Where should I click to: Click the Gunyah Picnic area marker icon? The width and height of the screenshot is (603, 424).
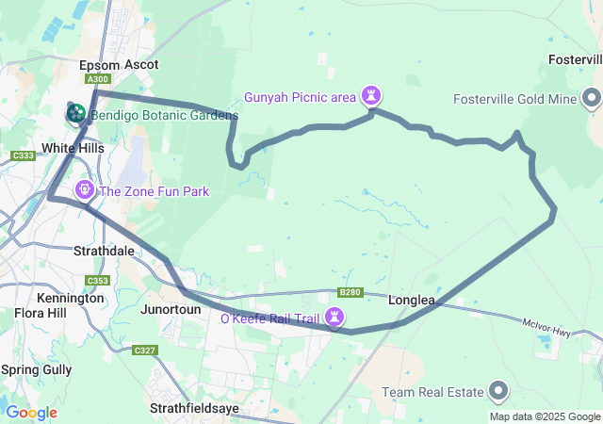click(x=374, y=95)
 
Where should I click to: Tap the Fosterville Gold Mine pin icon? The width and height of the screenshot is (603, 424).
click(x=592, y=98)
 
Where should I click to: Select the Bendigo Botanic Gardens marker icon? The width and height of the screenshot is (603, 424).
click(x=76, y=114)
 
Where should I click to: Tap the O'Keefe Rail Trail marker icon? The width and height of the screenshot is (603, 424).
click(x=334, y=318)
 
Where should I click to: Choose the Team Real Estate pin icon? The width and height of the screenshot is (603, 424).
click(x=498, y=391)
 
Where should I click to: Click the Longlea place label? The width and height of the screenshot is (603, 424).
click(x=412, y=301)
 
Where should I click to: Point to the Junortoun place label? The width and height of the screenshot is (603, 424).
click(x=171, y=309)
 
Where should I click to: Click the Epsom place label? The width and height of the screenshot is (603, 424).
click(x=101, y=65)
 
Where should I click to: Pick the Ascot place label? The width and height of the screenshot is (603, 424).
click(x=141, y=65)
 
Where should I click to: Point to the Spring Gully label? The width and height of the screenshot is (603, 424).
click(x=37, y=369)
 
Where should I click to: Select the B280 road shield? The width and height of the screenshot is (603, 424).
click(x=350, y=292)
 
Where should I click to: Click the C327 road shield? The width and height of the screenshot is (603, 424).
click(x=144, y=351)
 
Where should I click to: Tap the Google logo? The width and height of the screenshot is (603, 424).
click(x=31, y=413)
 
